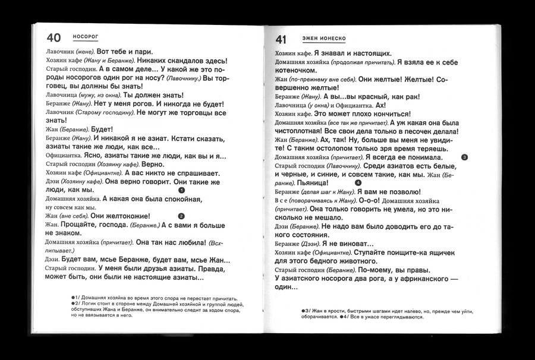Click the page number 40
point(53,37)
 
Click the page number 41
point(281,40)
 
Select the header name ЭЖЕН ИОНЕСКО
point(325,39)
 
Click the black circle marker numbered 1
point(182,190)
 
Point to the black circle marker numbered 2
point(181,216)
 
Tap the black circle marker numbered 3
point(464,157)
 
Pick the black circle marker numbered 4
point(358,183)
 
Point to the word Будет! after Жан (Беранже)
point(103,129)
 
